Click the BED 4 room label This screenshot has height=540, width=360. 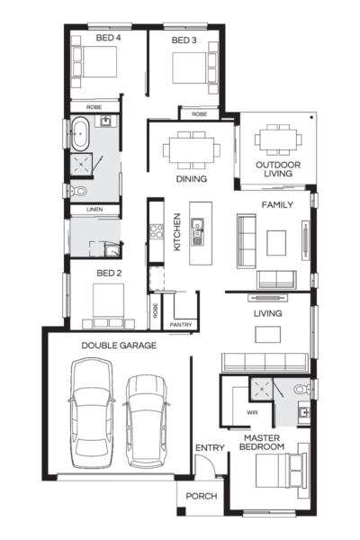[x=108, y=38]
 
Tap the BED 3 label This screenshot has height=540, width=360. [x=184, y=40]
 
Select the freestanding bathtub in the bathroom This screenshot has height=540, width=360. [x=79, y=133]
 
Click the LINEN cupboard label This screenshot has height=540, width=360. [x=94, y=209]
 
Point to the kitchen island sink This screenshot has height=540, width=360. [x=197, y=231]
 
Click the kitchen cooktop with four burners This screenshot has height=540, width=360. [x=157, y=231]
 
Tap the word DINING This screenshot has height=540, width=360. [x=191, y=179]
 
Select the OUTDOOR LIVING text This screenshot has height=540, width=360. [x=278, y=169]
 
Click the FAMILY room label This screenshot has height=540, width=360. [x=277, y=205]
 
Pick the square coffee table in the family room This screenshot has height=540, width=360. [x=276, y=243]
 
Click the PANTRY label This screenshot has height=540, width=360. [x=181, y=325]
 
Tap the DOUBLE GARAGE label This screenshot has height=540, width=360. [x=119, y=345]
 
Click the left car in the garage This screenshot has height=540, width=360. [x=92, y=413]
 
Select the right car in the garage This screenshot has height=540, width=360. [x=147, y=421]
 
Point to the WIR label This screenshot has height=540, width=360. [x=252, y=412]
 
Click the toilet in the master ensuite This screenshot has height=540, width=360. [x=301, y=389]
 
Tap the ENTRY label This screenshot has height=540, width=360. [x=210, y=447]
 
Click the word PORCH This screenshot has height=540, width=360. [x=202, y=496]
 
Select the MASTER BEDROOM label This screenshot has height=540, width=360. [x=262, y=443]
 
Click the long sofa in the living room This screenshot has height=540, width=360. [x=265, y=362]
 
